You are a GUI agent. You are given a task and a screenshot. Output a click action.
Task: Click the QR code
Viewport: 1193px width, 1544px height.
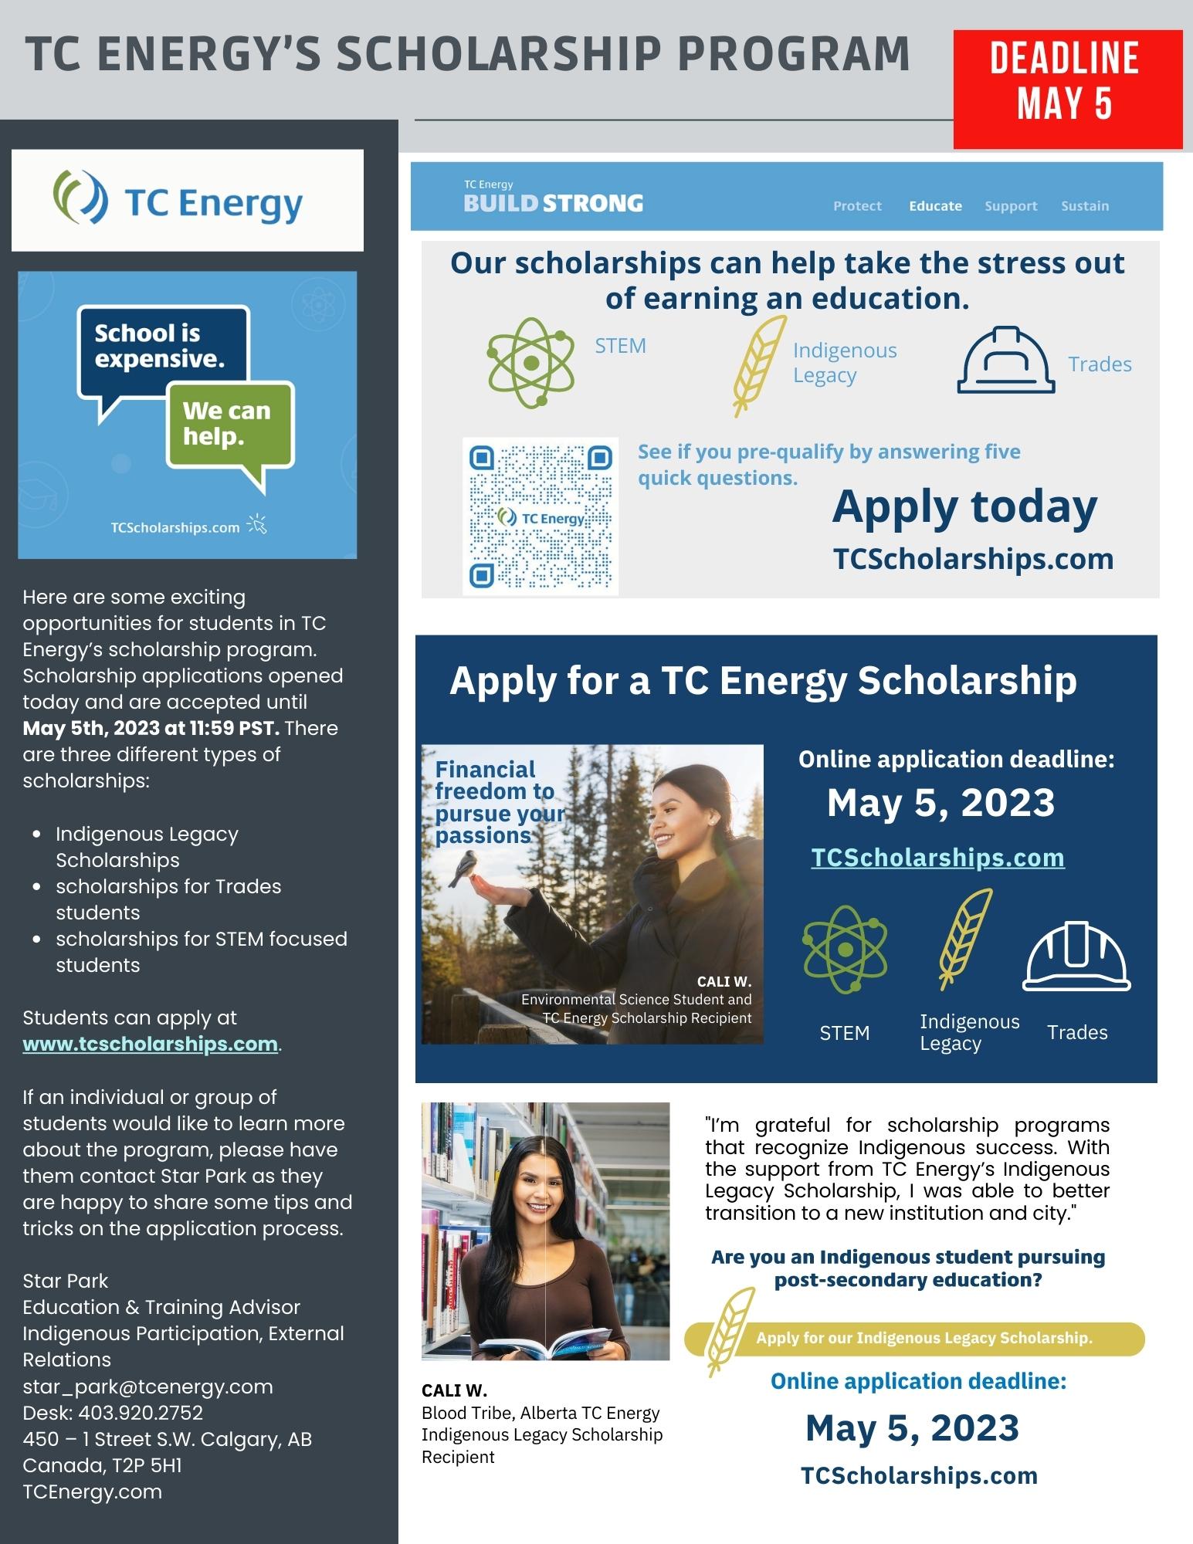541,516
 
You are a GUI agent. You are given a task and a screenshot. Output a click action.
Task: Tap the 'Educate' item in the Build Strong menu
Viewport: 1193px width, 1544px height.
935,206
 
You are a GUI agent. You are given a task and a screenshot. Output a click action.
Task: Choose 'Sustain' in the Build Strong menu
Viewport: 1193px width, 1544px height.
1084,206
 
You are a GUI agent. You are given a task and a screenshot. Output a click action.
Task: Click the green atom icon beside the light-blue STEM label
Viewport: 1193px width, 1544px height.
530,362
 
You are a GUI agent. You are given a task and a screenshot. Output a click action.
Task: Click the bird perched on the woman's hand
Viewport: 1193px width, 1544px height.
465,868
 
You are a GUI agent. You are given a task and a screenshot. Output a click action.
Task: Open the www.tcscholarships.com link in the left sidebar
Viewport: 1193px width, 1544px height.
150,1044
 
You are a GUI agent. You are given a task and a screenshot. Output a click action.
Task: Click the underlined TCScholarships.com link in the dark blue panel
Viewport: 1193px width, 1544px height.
937,858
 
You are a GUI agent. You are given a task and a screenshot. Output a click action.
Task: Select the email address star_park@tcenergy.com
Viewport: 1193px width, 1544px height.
147,1387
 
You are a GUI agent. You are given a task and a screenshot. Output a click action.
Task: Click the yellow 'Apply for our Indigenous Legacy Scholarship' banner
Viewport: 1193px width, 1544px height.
924,1338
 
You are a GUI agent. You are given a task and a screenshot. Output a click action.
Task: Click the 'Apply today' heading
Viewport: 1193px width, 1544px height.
964,507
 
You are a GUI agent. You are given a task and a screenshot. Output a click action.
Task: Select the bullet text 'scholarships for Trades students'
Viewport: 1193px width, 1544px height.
168,899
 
